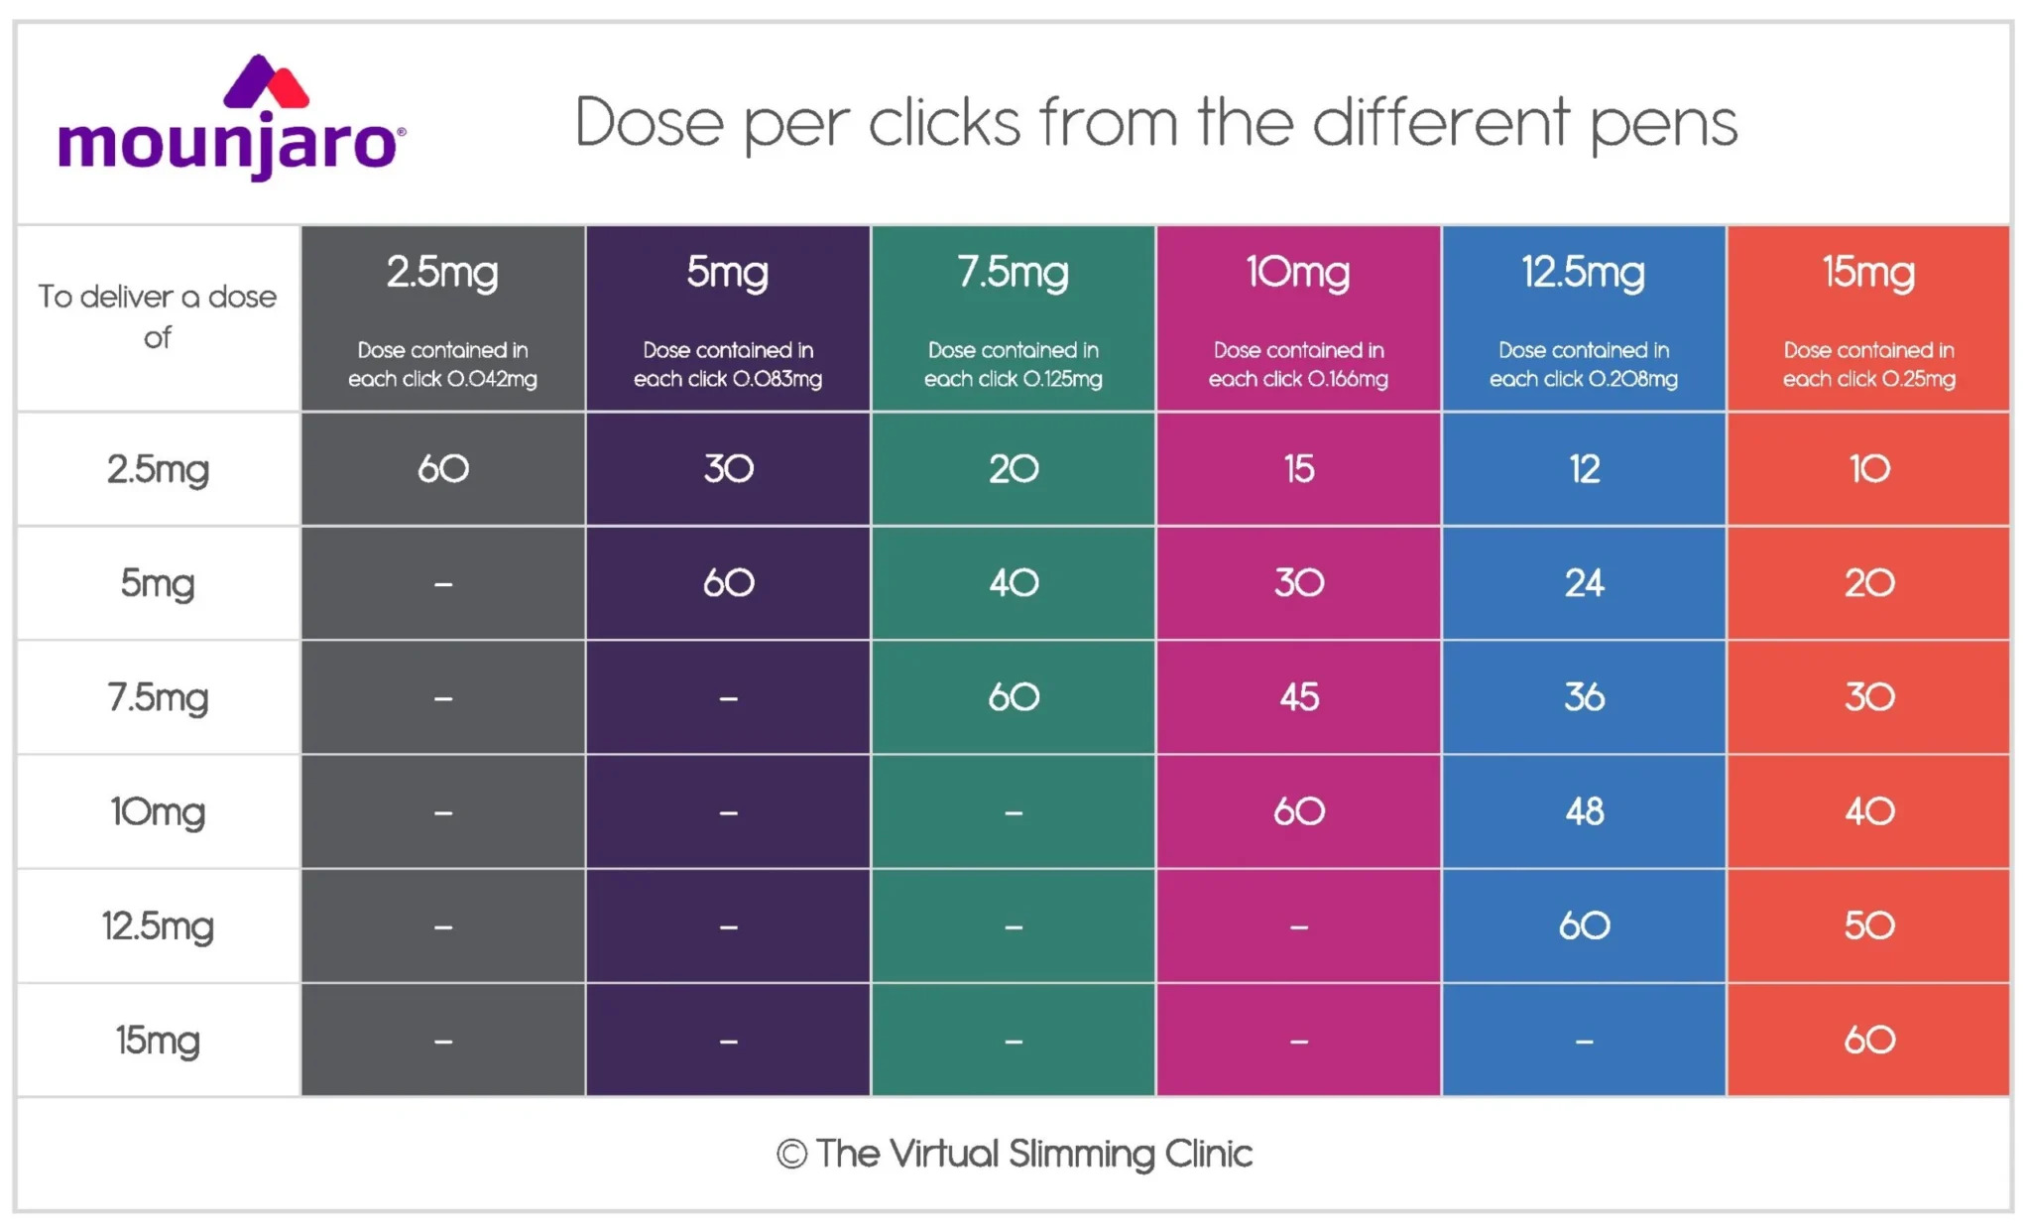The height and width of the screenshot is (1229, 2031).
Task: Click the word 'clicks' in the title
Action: click(x=944, y=123)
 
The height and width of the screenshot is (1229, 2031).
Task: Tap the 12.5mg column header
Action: click(x=1584, y=272)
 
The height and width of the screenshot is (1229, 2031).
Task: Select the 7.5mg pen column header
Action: click(x=1013, y=272)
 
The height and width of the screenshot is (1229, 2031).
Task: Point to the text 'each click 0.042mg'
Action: click(x=442, y=379)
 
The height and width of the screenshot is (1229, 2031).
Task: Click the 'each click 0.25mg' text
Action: click(x=1868, y=379)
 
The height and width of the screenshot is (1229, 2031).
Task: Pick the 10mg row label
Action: click(x=158, y=812)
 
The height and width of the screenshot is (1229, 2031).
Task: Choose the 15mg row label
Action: click(x=158, y=1041)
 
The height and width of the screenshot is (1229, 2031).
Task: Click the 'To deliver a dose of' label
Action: click(x=158, y=316)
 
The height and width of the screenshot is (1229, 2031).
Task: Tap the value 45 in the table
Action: click(x=1299, y=697)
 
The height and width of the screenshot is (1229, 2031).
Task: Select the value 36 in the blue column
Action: click(x=1584, y=697)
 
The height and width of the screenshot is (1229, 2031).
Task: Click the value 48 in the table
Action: click(x=1584, y=811)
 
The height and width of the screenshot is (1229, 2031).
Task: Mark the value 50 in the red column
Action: click(x=1869, y=925)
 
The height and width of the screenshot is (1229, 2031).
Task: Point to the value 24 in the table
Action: click(x=1584, y=583)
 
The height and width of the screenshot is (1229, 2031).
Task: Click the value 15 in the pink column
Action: click(x=1299, y=469)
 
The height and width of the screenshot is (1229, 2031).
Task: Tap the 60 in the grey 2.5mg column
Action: click(x=442, y=469)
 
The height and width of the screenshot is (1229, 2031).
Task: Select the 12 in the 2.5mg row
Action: click(x=1584, y=469)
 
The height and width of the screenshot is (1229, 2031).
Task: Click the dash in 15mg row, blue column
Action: click(x=1584, y=1042)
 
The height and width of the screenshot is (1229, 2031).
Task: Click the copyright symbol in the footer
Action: click(x=791, y=1154)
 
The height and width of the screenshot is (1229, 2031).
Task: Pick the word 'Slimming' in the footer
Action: click(x=1082, y=1155)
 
